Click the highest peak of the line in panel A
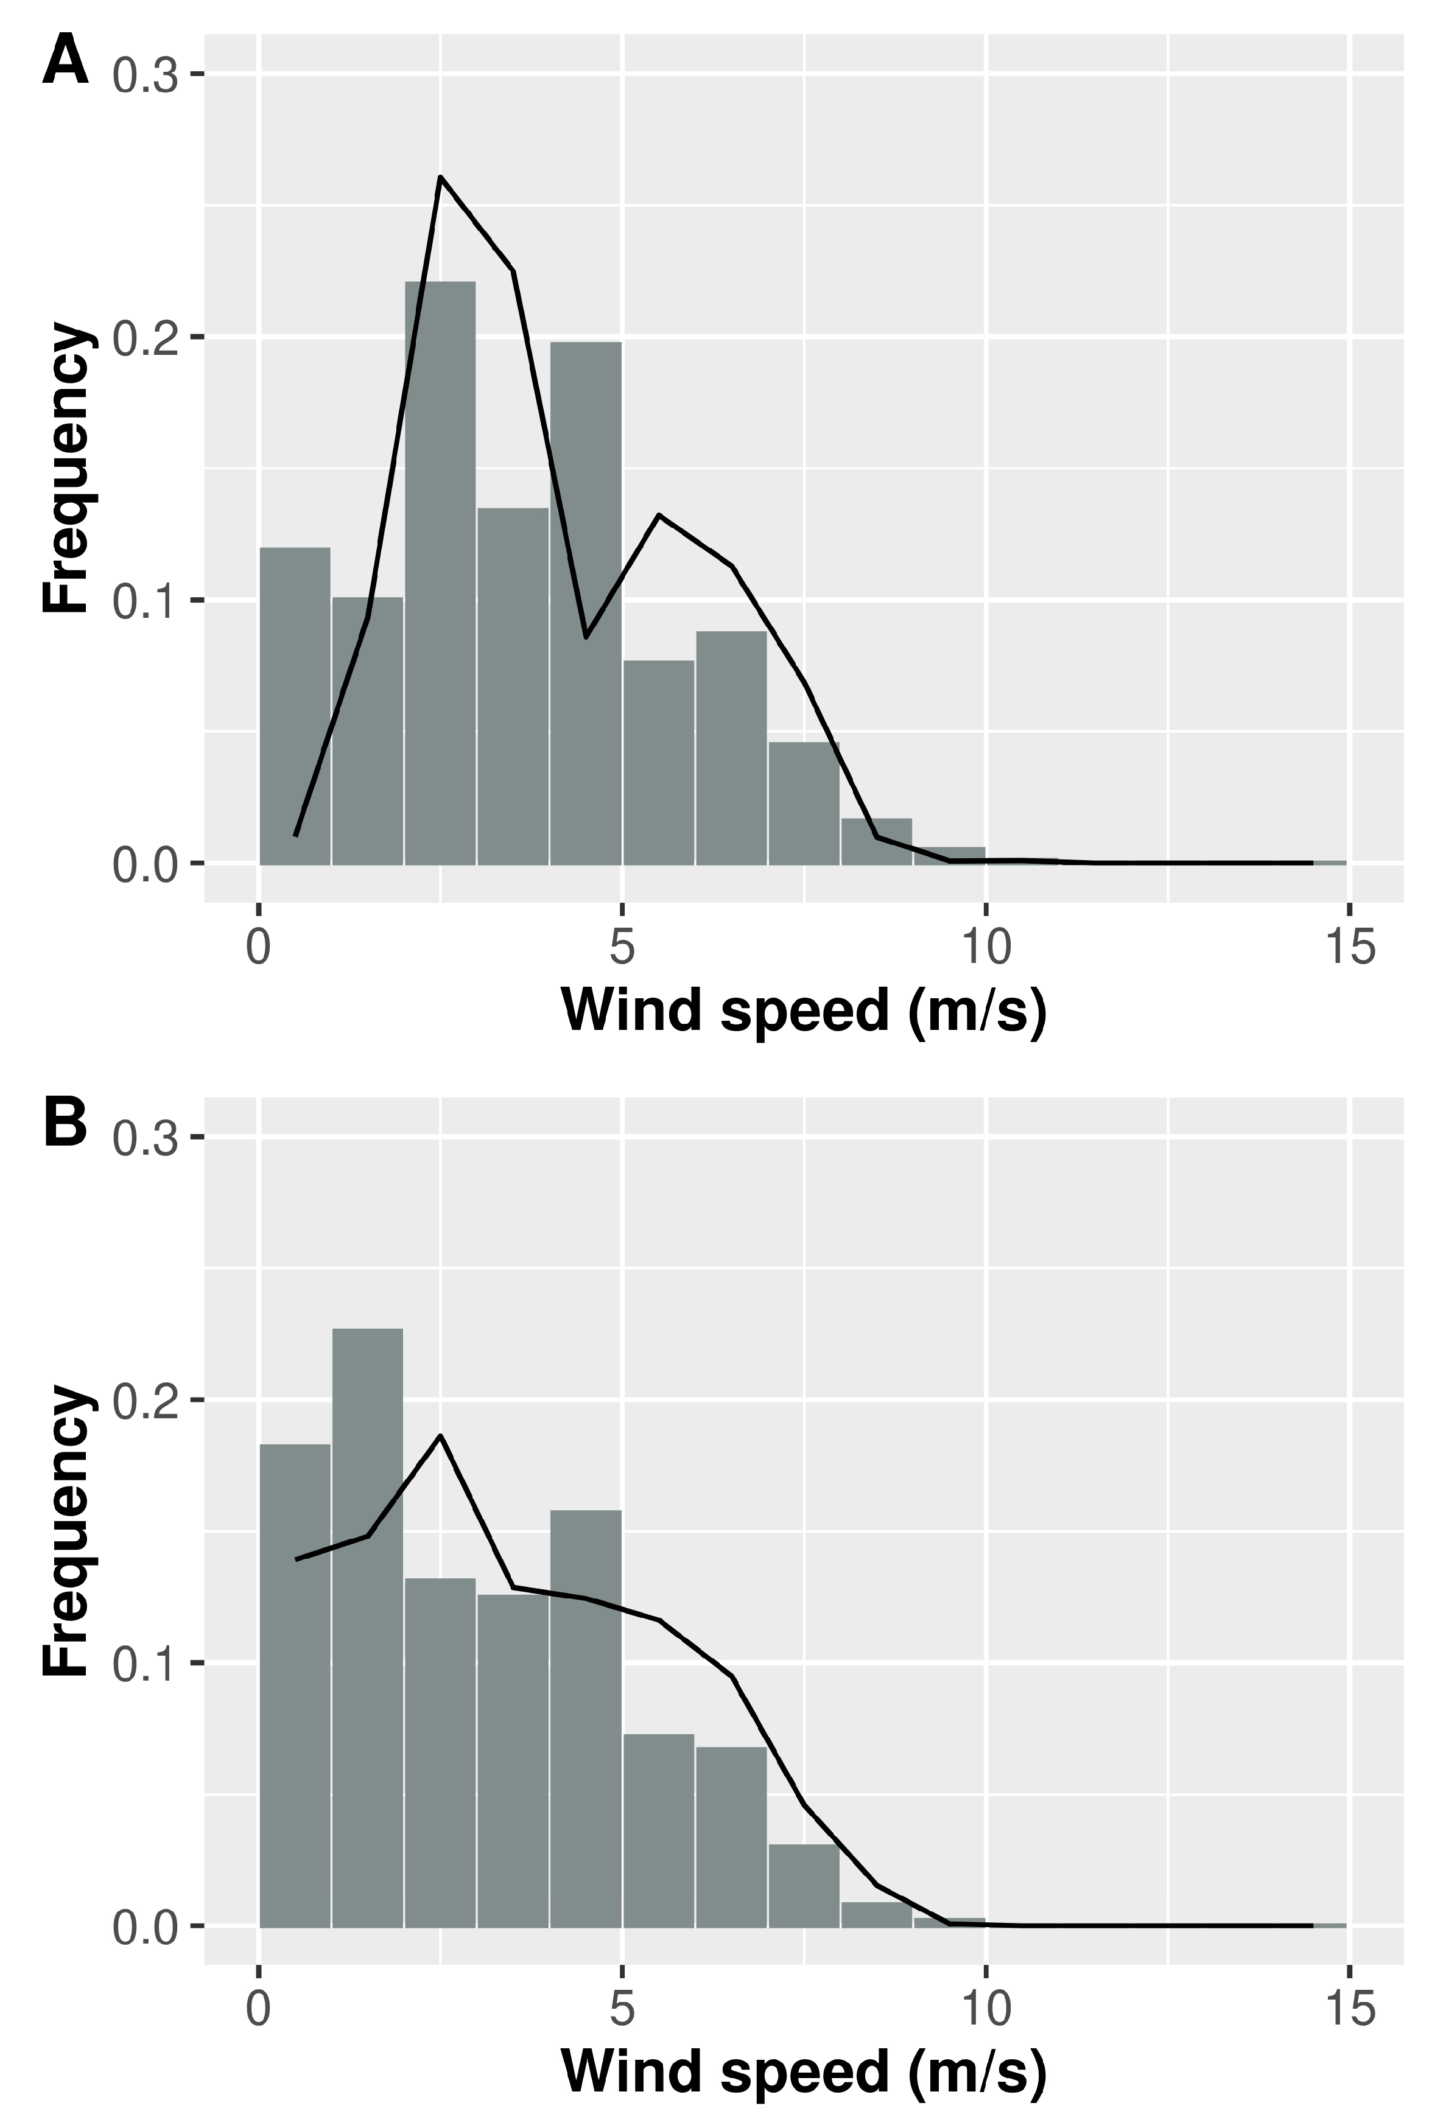pyautogui.click(x=440, y=177)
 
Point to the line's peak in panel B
pyautogui.click(x=440, y=1436)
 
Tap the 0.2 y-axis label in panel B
pyautogui.click(x=144, y=1401)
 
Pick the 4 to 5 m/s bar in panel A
pyautogui.click(x=586, y=603)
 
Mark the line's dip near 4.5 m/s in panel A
pyautogui.click(x=586, y=637)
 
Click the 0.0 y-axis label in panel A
pyautogui.click(x=144, y=864)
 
